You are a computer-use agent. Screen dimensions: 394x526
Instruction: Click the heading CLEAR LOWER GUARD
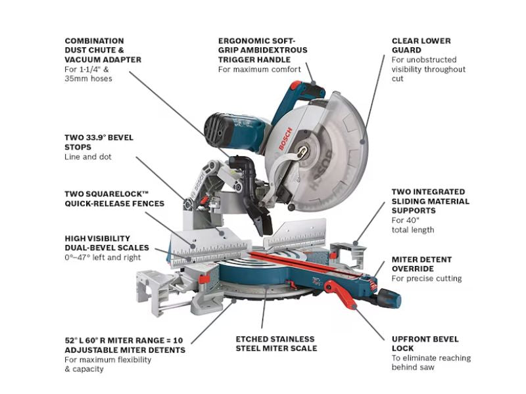(421, 45)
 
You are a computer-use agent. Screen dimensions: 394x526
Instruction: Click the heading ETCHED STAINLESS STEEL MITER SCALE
(275, 343)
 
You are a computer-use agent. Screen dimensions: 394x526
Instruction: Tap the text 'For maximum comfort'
(260, 69)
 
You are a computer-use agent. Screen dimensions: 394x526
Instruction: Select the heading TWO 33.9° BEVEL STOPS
(99, 142)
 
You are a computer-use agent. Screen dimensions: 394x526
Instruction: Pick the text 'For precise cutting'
(427, 278)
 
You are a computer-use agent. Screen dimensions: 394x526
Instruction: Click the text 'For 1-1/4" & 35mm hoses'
(89, 74)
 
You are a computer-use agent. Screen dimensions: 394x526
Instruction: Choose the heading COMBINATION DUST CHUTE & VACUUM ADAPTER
(103, 50)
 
